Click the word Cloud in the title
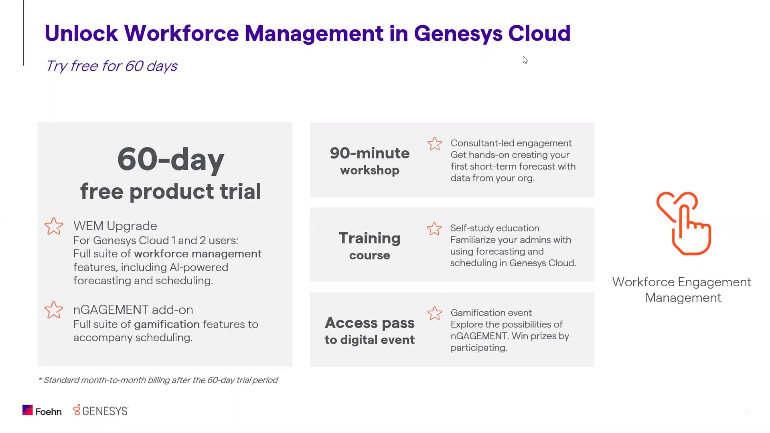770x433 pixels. point(539,33)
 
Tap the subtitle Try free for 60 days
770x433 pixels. point(111,66)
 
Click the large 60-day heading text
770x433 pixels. point(170,160)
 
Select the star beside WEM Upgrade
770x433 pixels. point(54,226)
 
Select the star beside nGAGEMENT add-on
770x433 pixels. point(54,310)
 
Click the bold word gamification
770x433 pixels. point(166,324)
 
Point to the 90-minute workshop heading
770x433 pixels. point(369,161)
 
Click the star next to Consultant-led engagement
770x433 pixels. point(434,144)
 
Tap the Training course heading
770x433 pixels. point(369,246)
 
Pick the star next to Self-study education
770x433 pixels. point(434,229)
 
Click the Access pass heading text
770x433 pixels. point(369,323)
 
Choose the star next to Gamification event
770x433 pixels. point(434,313)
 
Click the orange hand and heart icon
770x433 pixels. point(684,223)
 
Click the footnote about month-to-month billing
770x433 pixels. point(158,380)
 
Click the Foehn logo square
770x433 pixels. point(27,410)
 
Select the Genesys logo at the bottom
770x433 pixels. point(101,411)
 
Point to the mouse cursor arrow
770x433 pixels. point(525,60)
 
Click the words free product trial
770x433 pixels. point(170,191)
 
